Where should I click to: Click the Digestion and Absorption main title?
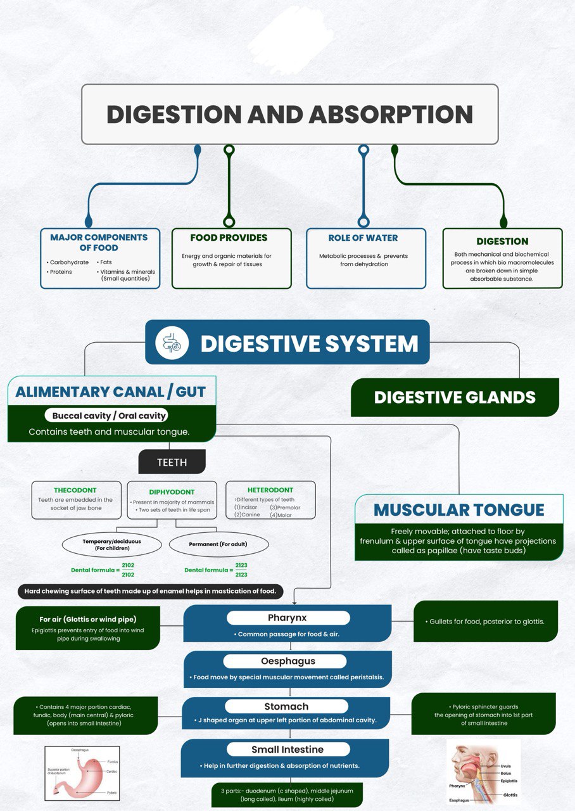point(289,115)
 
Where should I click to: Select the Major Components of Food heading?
point(99,242)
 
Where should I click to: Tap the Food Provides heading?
point(229,238)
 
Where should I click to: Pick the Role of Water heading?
point(363,238)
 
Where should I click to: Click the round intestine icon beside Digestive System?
point(172,343)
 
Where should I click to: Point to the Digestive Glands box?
point(455,397)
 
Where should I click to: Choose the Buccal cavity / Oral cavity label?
point(110,416)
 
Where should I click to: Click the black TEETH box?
point(172,462)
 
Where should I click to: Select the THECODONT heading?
point(75,490)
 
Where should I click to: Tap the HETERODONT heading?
point(270,490)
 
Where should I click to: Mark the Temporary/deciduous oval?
point(112,544)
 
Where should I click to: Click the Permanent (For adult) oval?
point(218,544)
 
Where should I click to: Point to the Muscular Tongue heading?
point(458,509)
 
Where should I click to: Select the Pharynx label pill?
point(287,618)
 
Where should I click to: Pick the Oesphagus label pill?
point(287,661)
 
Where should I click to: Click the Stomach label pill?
point(286,706)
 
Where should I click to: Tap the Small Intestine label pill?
point(287,750)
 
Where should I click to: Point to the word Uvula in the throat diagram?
point(505,766)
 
